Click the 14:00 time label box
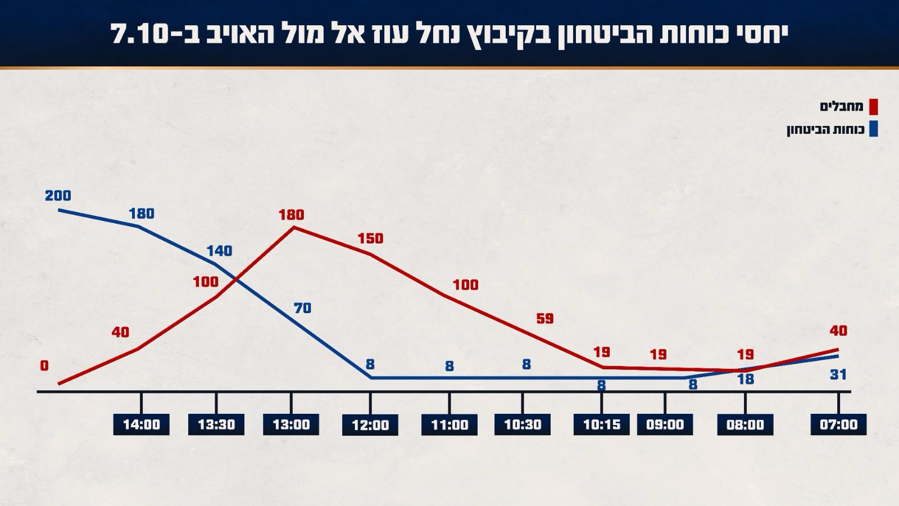pos(141,424)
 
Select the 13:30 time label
pos(216,424)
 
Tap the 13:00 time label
pos(291,424)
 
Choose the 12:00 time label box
pos(370,425)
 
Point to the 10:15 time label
pos(602,424)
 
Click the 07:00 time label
pos(838,424)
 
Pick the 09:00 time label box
pos(665,424)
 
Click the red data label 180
pos(291,215)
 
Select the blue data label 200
pos(58,196)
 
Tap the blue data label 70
pos(302,308)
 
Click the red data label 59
pos(545,319)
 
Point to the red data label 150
pos(370,238)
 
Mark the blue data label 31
pos(838,374)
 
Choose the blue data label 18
pos(746,379)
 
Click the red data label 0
pos(44,366)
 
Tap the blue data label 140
pos(219,251)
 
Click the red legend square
pos(873,107)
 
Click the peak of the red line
pos(293,228)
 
